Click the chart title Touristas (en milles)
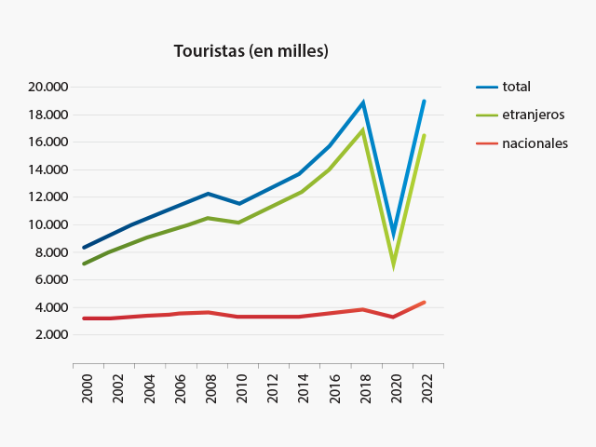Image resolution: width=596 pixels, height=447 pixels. coord(251,51)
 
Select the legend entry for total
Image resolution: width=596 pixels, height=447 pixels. coord(516,87)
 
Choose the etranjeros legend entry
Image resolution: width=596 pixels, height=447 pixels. coord(533,115)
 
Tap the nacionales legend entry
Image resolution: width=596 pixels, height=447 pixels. coord(535,143)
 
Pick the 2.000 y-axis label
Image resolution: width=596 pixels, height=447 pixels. coord(52,334)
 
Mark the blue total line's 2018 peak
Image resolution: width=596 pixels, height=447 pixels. coord(362,103)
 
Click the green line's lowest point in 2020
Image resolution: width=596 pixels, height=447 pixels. coord(394,264)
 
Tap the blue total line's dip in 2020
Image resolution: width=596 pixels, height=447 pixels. coord(394,236)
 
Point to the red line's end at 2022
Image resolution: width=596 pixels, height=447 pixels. coord(424,303)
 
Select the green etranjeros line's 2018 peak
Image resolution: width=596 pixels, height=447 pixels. coord(362,130)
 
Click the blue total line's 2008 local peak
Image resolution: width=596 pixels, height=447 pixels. coord(208,194)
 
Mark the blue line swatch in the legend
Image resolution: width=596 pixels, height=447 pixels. coord(487,87)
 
